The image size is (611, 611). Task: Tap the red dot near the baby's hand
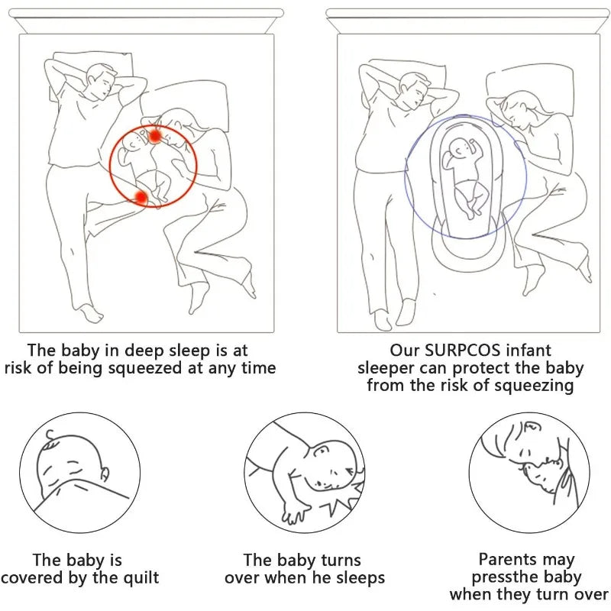pyautogui.click(x=155, y=136)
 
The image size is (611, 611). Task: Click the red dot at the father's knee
pyautogui.click(x=141, y=198)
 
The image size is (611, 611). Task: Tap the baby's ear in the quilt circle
pyautogui.click(x=105, y=474)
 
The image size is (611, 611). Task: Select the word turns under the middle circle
pyautogui.click(x=341, y=560)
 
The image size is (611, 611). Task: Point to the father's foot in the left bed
pyautogui.click(x=89, y=314)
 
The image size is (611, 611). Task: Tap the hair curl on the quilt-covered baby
pyautogui.click(x=50, y=435)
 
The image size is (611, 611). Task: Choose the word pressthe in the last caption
pyautogui.click(x=500, y=577)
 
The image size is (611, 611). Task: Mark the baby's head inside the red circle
pyautogui.click(x=134, y=143)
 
